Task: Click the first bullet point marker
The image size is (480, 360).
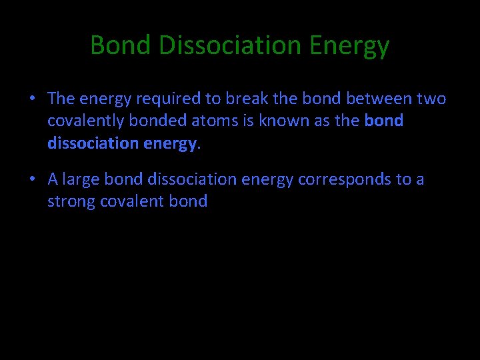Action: point(32,99)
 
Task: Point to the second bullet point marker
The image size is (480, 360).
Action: point(32,179)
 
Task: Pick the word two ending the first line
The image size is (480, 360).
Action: point(432,99)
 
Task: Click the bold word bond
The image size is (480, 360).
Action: point(384,121)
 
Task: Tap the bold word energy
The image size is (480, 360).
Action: point(168,143)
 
